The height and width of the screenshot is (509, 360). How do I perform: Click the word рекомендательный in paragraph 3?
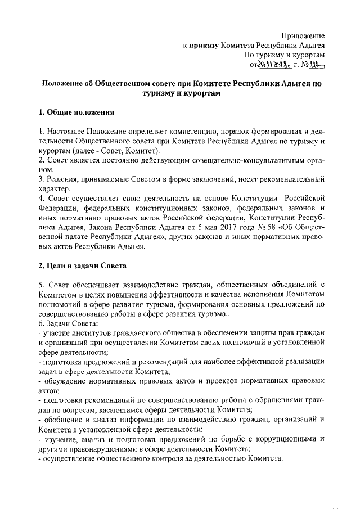click(290, 179)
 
